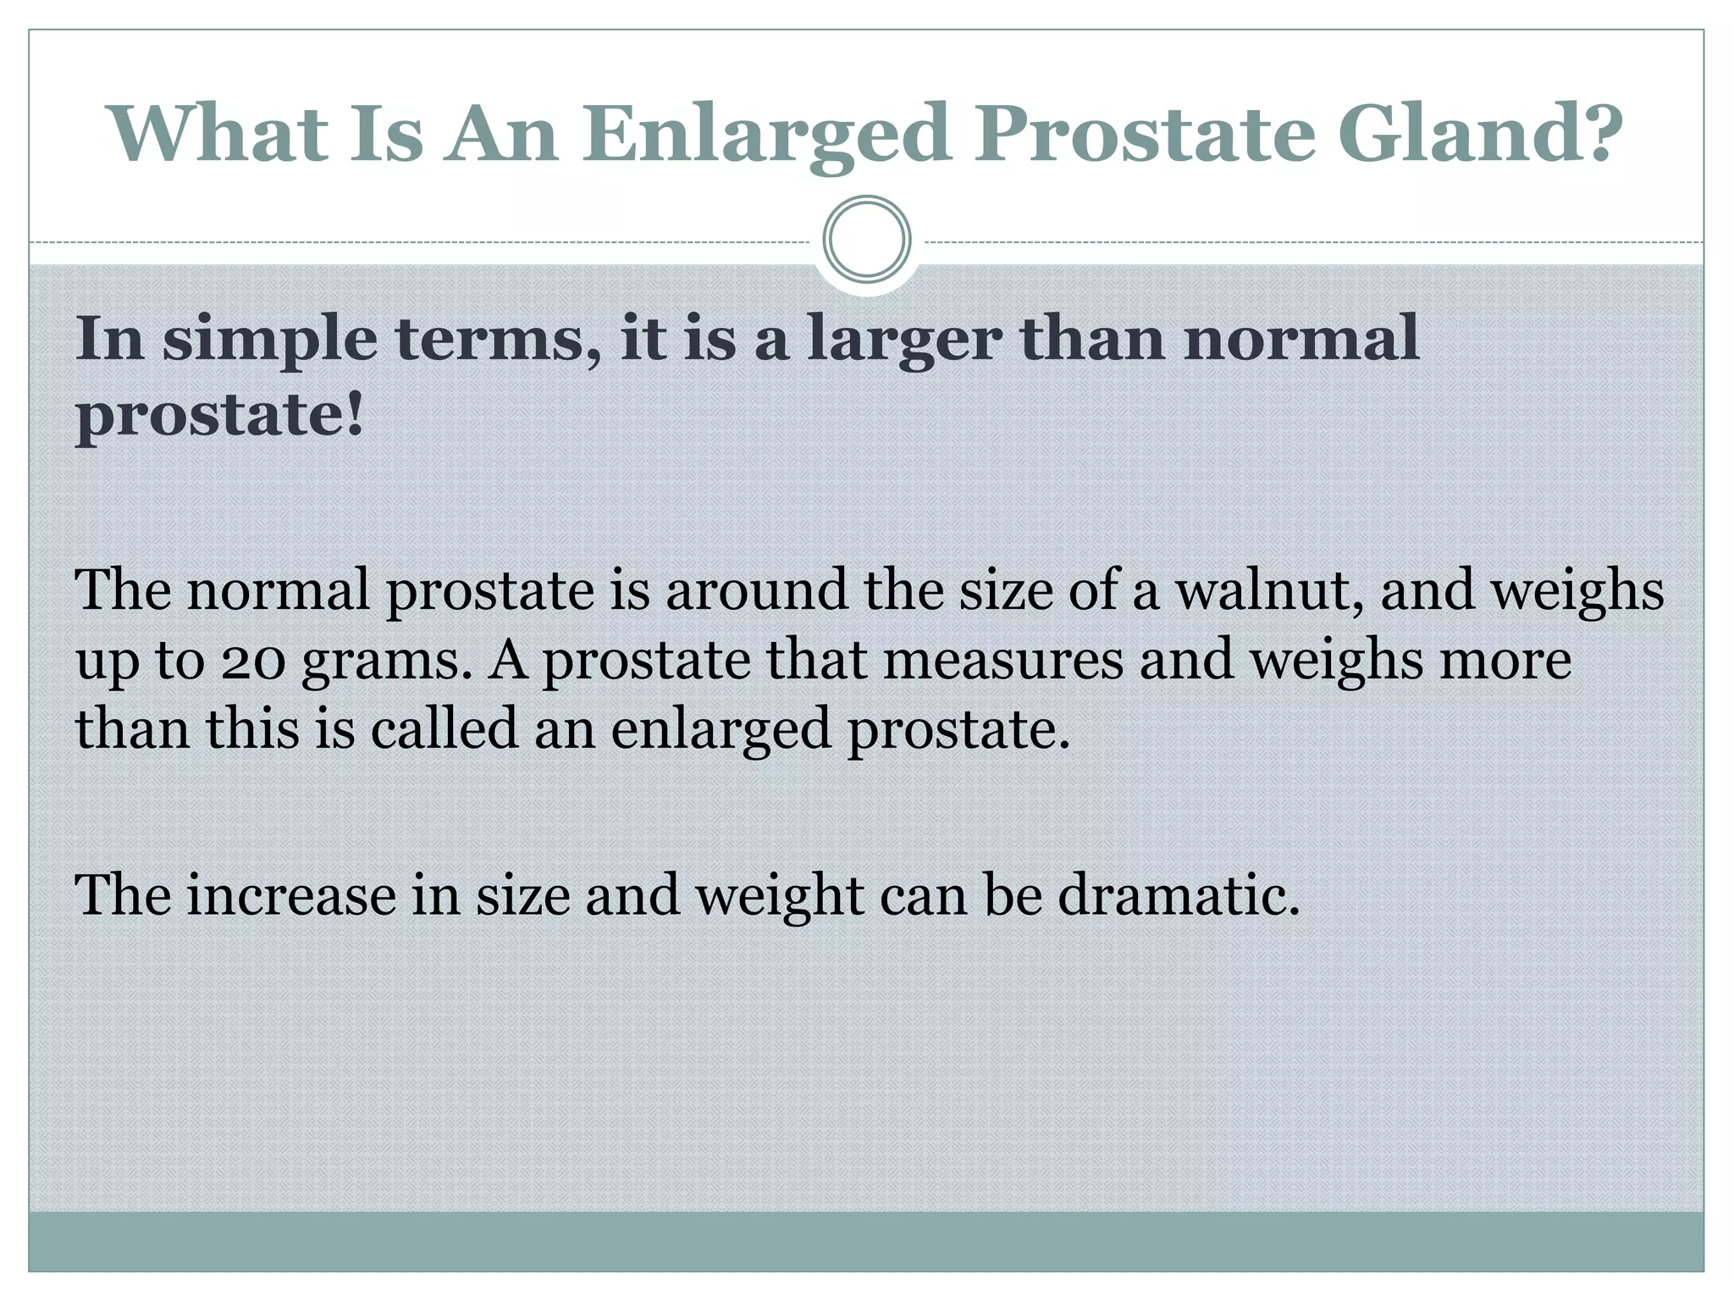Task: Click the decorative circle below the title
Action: tap(866, 240)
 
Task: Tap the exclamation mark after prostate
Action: tap(355, 415)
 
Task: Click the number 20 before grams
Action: tap(254, 661)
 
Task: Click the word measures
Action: tap(1003, 660)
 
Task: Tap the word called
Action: tap(444, 728)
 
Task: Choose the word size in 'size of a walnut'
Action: tap(1004, 590)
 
